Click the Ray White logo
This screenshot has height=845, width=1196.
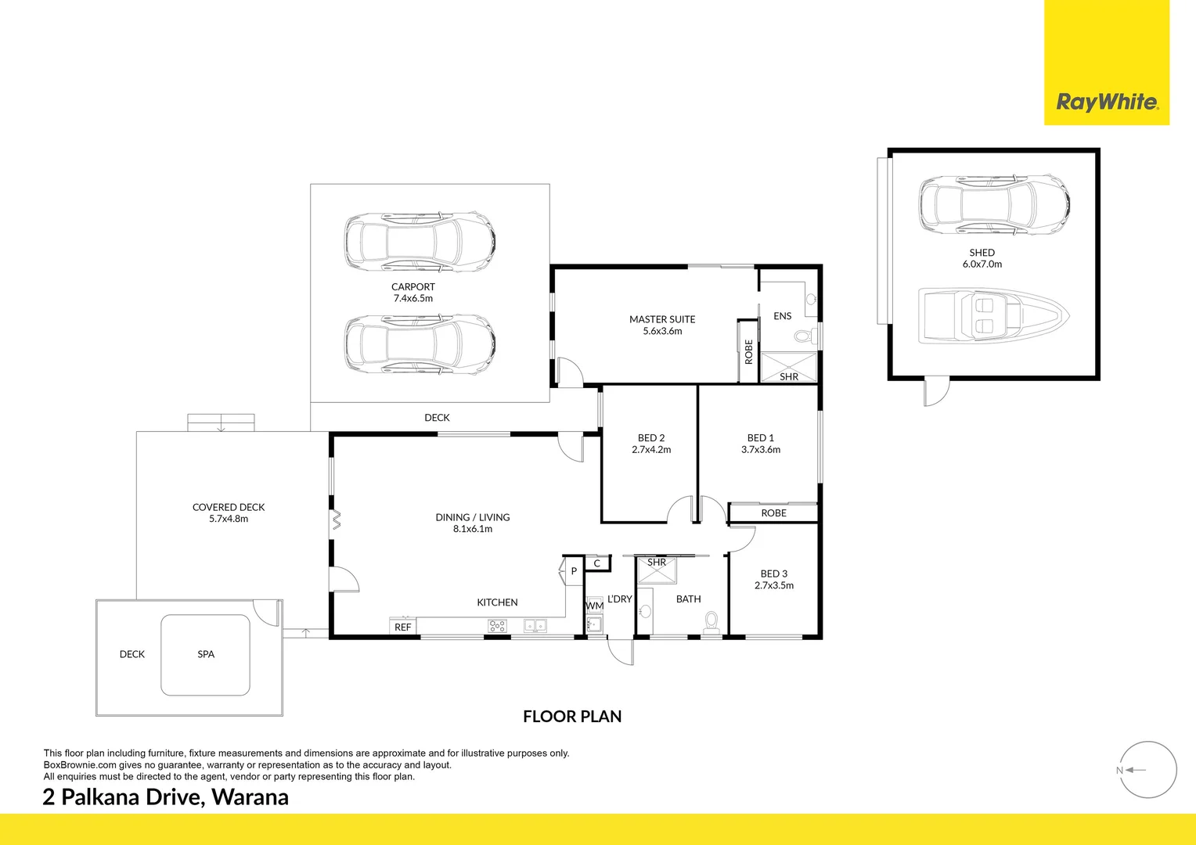[x=1107, y=102]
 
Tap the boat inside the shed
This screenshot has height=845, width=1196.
[x=992, y=316]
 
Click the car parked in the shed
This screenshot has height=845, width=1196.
[x=994, y=204]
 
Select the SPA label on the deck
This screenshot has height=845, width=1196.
[x=206, y=654]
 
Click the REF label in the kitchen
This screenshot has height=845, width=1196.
[x=402, y=627]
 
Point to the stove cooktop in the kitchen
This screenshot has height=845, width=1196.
[x=497, y=625]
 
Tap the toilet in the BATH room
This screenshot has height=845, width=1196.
[x=711, y=621]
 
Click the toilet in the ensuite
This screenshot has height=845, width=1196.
[x=803, y=336]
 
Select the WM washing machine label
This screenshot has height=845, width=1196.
[x=595, y=606]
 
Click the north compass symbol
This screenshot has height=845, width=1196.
[x=1147, y=770]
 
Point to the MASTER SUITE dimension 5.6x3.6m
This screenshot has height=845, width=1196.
[x=662, y=331]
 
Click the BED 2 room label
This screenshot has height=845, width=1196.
[x=651, y=438]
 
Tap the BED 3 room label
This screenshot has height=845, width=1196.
[x=773, y=574]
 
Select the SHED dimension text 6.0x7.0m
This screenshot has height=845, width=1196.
[x=982, y=264]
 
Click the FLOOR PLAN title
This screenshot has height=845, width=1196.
[x=572, y=716]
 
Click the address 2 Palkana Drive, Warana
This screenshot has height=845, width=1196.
[x=166, y=796]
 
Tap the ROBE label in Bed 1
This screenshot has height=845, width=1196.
[x=773, y=513]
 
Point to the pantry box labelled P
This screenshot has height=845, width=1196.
[x=574, y=571]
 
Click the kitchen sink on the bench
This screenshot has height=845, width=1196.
[x=535, y=625]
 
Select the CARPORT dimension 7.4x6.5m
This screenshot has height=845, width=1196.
[x=412, y=298]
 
